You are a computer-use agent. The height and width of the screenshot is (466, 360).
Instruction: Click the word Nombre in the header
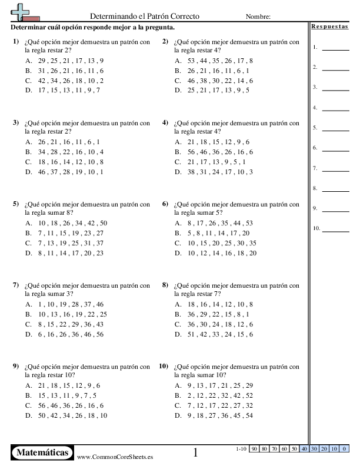pyautogui.click(x=258, y=17)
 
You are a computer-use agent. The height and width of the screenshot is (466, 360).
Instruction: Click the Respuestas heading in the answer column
pyautogui.click(x=329, y=27)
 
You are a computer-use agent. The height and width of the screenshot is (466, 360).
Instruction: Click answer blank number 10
pyautogui.click(x=335, y=229)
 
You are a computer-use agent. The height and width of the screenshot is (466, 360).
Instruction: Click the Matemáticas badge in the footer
pyautogui.click(x=42, y=452)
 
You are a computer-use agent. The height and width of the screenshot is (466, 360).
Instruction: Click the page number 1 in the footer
pyautogui.click(x=196, y=452)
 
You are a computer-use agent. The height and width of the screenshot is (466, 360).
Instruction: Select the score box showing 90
pyautogui.click(x=254, y=449)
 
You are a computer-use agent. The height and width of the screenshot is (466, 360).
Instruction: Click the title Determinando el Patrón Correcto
pyautogui.click(x=145, y=16)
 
